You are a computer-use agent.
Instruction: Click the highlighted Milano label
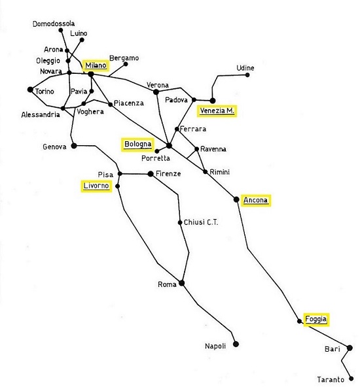tap(96, 65)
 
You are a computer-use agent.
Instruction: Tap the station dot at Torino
tap(30, 90)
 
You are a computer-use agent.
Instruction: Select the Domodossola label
tap(54, 24)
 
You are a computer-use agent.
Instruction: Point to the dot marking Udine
tap(247, 75)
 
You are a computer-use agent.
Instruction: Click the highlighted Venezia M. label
tap(217, 111)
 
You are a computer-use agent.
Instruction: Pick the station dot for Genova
tap(74, 146)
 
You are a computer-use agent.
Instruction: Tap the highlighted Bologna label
tap(137, 144)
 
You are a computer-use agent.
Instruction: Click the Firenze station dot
tap(151, 174)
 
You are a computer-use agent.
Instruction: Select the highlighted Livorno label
tap(96, 186)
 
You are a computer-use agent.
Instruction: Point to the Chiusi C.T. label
tap(201, 222)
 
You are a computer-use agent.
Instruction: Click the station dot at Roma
tap(181, 283)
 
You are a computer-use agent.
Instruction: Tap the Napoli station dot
tap(236, 344)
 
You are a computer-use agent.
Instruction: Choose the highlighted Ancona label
tap(256, 200)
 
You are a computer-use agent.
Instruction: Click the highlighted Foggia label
tap(316, 320)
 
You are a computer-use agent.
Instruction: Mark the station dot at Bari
tap(350, 348)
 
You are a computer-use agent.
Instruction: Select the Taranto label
tap(331, 379)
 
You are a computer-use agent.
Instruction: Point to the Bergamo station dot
tap(126, 64)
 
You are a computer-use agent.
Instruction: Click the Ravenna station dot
tap(196, 149)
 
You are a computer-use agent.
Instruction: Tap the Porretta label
tap(156, 158)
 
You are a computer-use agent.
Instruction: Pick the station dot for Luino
tap(82, 40)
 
